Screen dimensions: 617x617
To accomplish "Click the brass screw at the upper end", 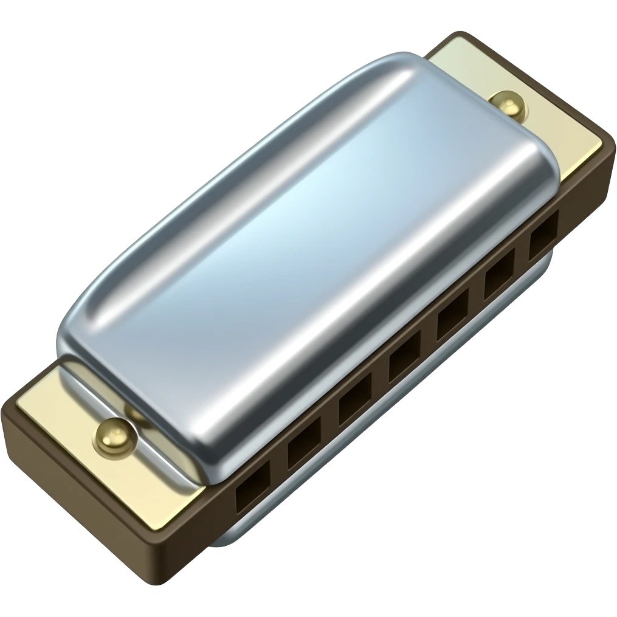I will click(x=508, y=106).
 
